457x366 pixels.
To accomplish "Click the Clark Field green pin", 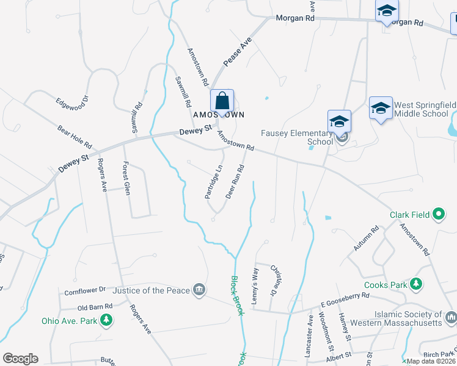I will click(x=439, y=214).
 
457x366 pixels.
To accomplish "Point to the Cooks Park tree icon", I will click(x=416, y=284).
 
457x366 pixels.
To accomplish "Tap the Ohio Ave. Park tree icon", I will click(x=106, y=320).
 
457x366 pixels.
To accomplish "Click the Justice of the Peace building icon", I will click(x=199, y=290).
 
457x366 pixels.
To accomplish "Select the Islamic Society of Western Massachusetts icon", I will click(x=451, y=317).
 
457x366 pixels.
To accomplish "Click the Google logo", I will click(x=20, y=359).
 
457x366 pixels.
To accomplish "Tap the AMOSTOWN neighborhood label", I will click(x=219, y=115).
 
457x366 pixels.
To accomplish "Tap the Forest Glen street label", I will click(x=126, y=175).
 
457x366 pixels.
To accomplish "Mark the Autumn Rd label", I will click(x=367, y=238).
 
